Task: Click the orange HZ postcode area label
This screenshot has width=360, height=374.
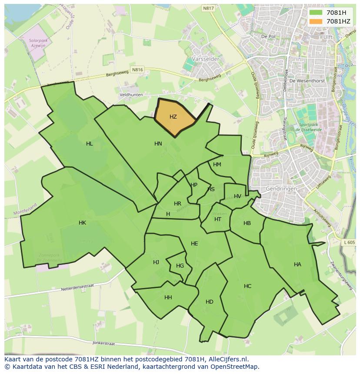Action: point(173,117)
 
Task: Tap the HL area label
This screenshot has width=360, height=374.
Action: point(89,144)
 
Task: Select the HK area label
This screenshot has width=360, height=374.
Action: point(82,223)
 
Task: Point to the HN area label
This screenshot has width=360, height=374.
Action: point(158,144)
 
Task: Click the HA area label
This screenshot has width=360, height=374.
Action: point(297,264)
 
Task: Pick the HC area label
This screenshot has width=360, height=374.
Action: point(247,286)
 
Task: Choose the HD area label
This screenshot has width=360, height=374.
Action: point(210,302)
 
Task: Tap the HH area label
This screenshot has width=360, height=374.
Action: point(168,298)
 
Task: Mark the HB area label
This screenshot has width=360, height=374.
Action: point(247,223)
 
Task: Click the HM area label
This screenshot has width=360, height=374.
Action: point(217,165)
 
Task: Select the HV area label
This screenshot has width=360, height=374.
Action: point(237,196)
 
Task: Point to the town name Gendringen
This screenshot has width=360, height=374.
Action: point(281,189)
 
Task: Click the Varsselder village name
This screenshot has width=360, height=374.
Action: point(205,59)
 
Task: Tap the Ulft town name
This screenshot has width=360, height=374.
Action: point(328,37)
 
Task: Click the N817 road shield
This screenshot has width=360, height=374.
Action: point(208,8)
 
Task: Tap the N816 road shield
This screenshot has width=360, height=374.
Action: point(137,70)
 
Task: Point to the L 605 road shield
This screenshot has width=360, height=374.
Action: point(349,242)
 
